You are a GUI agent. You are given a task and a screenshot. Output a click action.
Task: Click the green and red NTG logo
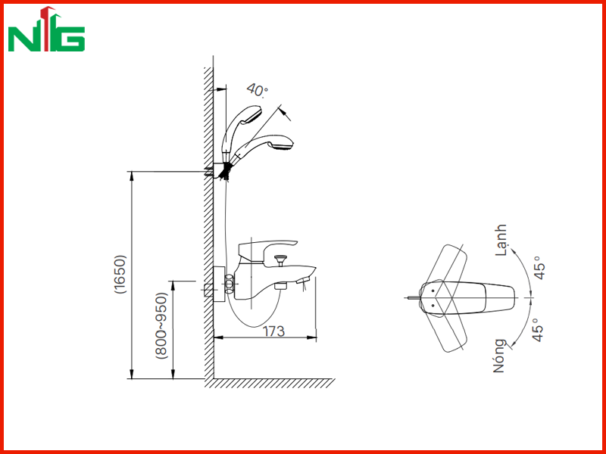click(x=46, y=30)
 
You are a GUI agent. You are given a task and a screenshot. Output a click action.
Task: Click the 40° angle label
click(x=258, y=90)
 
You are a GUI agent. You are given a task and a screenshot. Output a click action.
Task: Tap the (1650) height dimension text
click(x=120, y=274)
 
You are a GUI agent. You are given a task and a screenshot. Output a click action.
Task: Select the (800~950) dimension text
click(x=161, y=326)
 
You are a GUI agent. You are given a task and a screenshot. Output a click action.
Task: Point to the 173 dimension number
click(x=273, y=331)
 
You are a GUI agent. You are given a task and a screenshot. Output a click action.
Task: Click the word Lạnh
click(x=501, y=240)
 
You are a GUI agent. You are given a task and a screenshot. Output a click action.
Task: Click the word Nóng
click(x=499, y=356)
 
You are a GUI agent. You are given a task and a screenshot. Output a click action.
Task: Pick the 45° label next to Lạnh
click(x=539, y=268)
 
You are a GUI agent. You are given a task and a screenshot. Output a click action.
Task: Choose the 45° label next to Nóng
click(x=538, y=330)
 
